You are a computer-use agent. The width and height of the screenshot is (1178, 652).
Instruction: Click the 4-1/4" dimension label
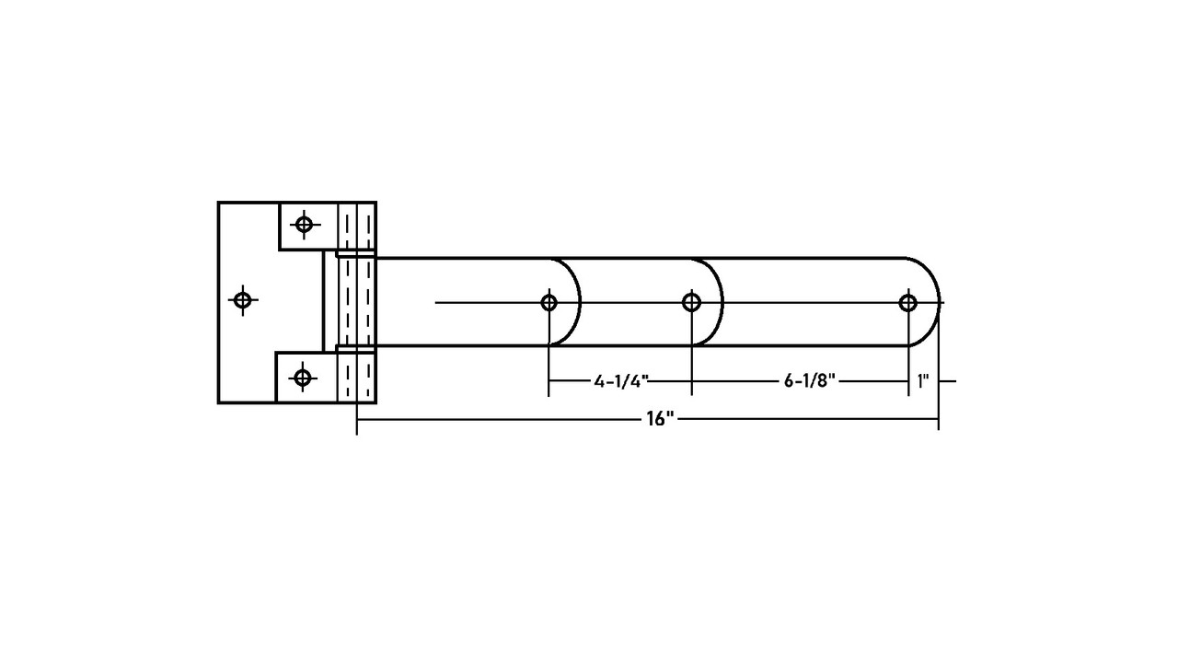coord(621,381)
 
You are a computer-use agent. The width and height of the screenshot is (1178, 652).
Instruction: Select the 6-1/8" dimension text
coord(810,381)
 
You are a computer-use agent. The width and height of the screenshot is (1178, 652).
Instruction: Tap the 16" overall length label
coord(660,419)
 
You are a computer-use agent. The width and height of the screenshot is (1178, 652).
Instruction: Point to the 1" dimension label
coord(923,381)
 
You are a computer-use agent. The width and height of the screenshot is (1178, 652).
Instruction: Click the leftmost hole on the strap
coord(549,303)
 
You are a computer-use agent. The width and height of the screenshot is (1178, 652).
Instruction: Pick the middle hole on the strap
coord(691,303)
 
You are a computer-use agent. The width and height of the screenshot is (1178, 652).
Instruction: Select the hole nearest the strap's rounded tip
coord(908,303)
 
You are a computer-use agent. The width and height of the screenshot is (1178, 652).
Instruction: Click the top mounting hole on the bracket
coord(304,224)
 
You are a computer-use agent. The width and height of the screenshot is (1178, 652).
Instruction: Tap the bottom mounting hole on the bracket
coord(303,378)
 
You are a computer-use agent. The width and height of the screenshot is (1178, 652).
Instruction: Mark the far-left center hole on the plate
coord(242,300)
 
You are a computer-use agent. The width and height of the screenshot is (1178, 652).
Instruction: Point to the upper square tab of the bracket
coord(307,227)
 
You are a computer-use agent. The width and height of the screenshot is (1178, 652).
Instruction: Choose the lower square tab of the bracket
coord(306,378)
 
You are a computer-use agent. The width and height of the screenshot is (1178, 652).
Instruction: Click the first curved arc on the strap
coord(580,302)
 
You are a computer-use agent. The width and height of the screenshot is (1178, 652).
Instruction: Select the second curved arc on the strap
coord(722,302)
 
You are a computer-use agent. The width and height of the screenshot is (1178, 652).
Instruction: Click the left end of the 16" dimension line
coord(357,419)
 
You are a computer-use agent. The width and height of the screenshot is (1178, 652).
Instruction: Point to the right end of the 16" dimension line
coord(939,419)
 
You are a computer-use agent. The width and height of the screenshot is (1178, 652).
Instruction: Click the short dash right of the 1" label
coord(948,381)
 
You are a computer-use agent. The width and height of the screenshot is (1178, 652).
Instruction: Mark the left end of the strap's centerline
coord(435,303)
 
